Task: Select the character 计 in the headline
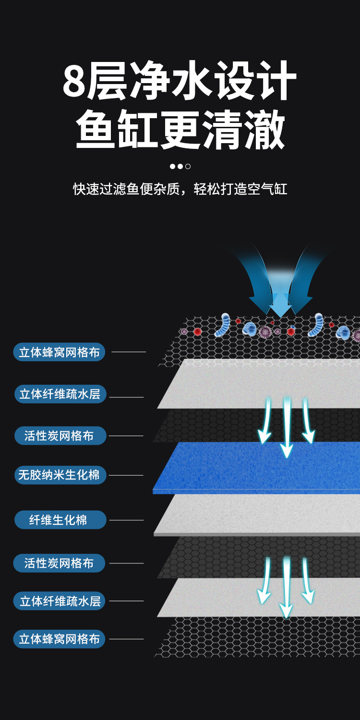275,82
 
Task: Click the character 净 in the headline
153,82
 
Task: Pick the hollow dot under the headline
188,167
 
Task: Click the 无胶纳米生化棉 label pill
60,475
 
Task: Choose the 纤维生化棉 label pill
60,520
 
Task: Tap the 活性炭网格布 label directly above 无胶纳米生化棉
60,436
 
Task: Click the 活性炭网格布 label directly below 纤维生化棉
60,563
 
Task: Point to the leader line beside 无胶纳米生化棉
126,475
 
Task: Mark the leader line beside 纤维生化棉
126,520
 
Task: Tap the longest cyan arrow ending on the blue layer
287,427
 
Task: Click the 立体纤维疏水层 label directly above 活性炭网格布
60,394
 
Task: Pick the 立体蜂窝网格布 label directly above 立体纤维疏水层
60,352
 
